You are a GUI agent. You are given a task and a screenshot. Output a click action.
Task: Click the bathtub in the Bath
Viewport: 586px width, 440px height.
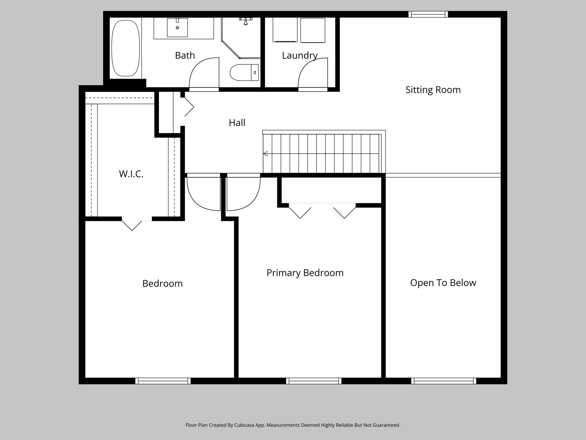coord(126,48)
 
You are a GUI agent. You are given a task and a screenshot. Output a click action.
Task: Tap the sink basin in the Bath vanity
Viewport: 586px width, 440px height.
coord(177,28)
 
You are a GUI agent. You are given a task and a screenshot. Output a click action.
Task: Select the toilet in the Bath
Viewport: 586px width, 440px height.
coord(244,72)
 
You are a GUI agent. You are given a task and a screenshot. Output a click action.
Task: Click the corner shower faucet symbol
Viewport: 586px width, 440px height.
coord(246,21)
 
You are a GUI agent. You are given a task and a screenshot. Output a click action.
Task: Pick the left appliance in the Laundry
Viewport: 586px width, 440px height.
coord(285,30)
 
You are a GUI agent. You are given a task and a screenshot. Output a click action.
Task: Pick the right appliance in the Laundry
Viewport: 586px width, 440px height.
coord(313,30)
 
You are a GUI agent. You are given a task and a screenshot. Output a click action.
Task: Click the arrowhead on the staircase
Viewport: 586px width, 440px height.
coord(265,154)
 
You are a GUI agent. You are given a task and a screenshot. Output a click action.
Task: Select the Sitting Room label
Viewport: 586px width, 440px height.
coord(433,90)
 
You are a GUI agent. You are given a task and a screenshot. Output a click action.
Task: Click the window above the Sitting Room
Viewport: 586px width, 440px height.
coord(428,14)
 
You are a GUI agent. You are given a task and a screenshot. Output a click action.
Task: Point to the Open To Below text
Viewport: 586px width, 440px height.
coord(443,283)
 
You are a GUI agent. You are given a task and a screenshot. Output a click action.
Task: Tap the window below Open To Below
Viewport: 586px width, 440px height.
coord(443,381)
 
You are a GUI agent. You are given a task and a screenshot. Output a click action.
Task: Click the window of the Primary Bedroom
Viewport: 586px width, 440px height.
coord(314,381)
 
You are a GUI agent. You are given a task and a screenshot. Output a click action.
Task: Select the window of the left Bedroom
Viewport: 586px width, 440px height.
coord(163,381)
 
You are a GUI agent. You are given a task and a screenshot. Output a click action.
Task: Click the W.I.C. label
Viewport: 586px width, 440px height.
coord(131,174)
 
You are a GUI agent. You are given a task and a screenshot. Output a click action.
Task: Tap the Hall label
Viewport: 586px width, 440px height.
coord(237,123)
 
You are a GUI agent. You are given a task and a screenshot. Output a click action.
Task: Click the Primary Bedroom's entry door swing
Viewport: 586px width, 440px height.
coord(242,193)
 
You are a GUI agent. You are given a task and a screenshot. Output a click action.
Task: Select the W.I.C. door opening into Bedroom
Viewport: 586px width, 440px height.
coord(132,225)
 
